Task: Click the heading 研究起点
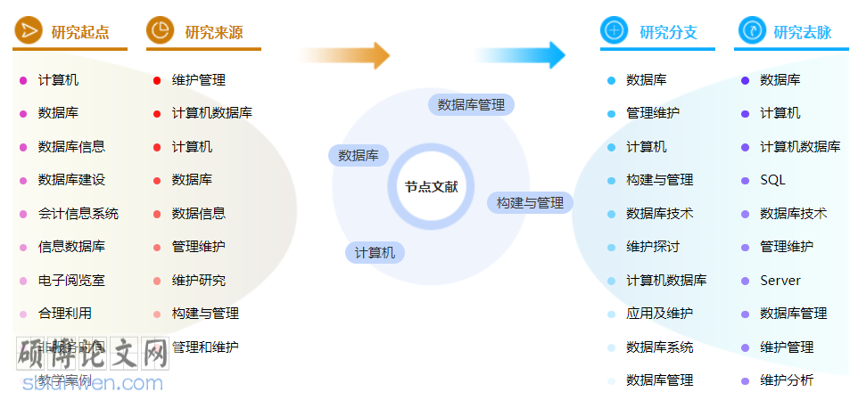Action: click(x=80, y=32)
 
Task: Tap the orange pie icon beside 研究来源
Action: click(x=161, y=31)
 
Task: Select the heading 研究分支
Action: click(x=668, y=32)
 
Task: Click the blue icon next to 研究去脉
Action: click(x=752, y=31)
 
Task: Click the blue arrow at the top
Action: click(x=521, y=55)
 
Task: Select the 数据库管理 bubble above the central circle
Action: click(x=472, y=104)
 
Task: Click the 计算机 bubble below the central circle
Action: click(x=375, y=252)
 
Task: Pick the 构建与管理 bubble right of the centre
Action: click(x=530, y=202)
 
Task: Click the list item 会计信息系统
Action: click(x=78, y=213)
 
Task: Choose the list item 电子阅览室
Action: click(x=71, y=280)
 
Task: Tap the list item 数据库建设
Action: click(x=71, y=180)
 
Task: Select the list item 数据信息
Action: click(x=199, y=213)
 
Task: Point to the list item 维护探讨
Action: click(x=653, y=247)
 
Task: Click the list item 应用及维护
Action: click(x=659, y=314)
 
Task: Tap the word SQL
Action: click(x=772, y=180)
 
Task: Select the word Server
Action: click(x=780, y=280)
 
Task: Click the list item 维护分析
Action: click(x=787, y=380)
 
